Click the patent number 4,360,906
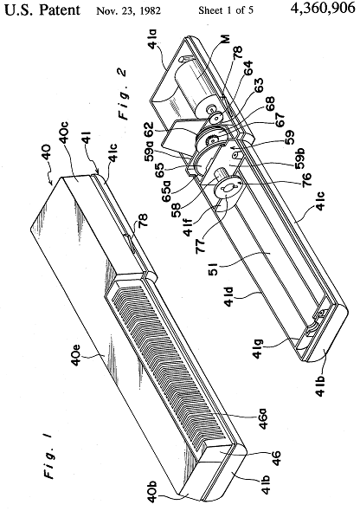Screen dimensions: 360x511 323,9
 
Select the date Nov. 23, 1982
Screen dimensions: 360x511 128,10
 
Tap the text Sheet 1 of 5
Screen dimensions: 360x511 226,10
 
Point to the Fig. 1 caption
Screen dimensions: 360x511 49,459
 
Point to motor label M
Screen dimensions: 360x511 225,38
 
